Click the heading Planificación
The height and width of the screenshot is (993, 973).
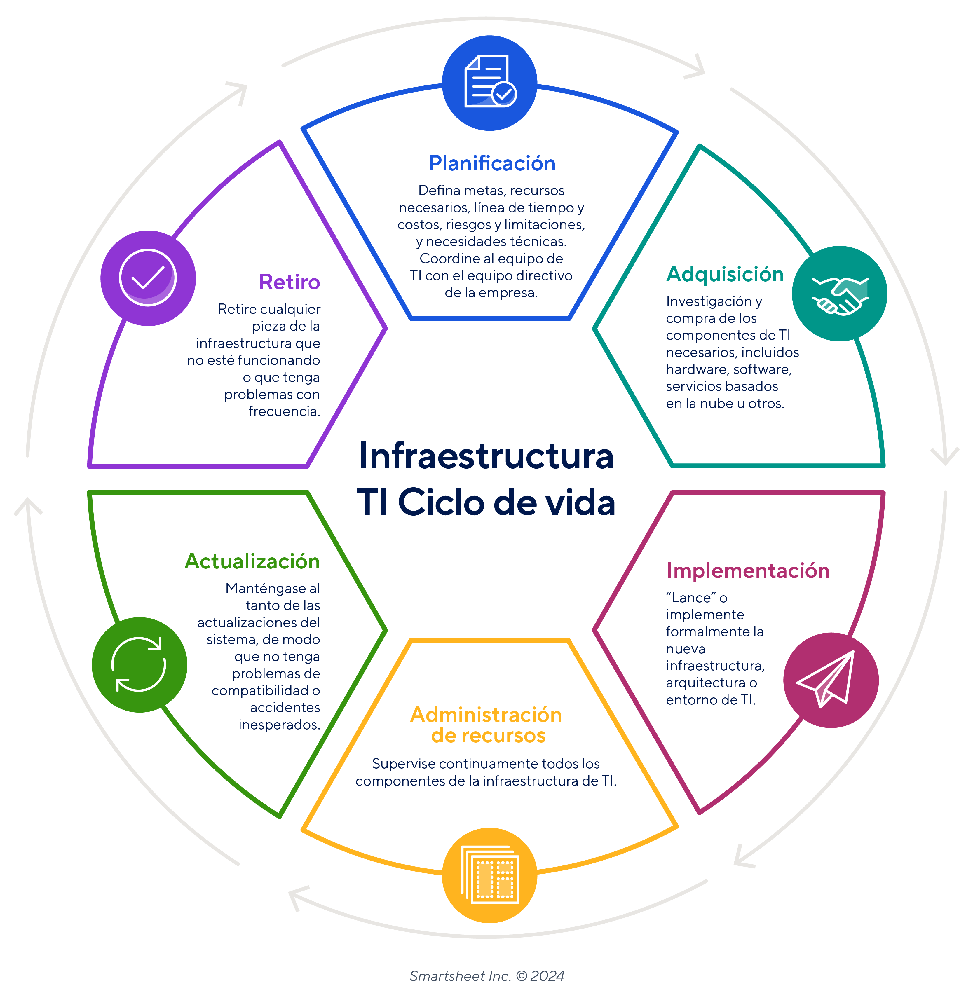[x=492, y=163]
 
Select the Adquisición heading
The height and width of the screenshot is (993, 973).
[x=725, y=275]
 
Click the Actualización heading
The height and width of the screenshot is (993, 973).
[x=252, y=561]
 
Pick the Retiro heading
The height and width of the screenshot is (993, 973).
[x=289, y=282]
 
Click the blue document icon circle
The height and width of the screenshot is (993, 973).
[x=490, y=83]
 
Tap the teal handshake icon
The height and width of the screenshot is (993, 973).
[x=840, y=294]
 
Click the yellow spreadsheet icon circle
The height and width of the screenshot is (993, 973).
[x=490, y=875]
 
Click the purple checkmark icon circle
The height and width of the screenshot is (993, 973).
[x=148, y=278]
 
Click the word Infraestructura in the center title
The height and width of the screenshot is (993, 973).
[x=486, y=456]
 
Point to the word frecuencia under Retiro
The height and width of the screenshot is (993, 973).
[x=284, y=411]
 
